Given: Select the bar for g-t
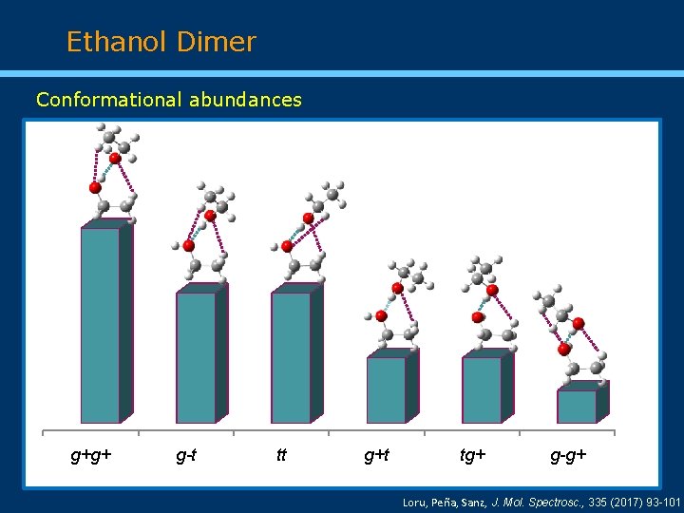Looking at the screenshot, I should (x=196, y=356).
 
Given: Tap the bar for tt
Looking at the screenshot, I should (x=291, y=356).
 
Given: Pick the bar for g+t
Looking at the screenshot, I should (x=387, y=389).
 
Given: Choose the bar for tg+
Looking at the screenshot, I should (x=482, y=389).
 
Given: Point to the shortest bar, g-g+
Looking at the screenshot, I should (x=577, y=406).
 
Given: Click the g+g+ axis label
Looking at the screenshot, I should (x=91, y=455).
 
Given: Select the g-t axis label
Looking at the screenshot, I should (x=187, y=455).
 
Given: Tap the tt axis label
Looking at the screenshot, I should (x=281, y=455).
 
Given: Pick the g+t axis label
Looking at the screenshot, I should (x=377, y=455).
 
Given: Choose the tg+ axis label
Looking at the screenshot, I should (x=472, y=455).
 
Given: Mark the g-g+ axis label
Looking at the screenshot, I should (x=568, y=455).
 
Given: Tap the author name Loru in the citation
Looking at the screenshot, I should (x=416, y=501).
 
